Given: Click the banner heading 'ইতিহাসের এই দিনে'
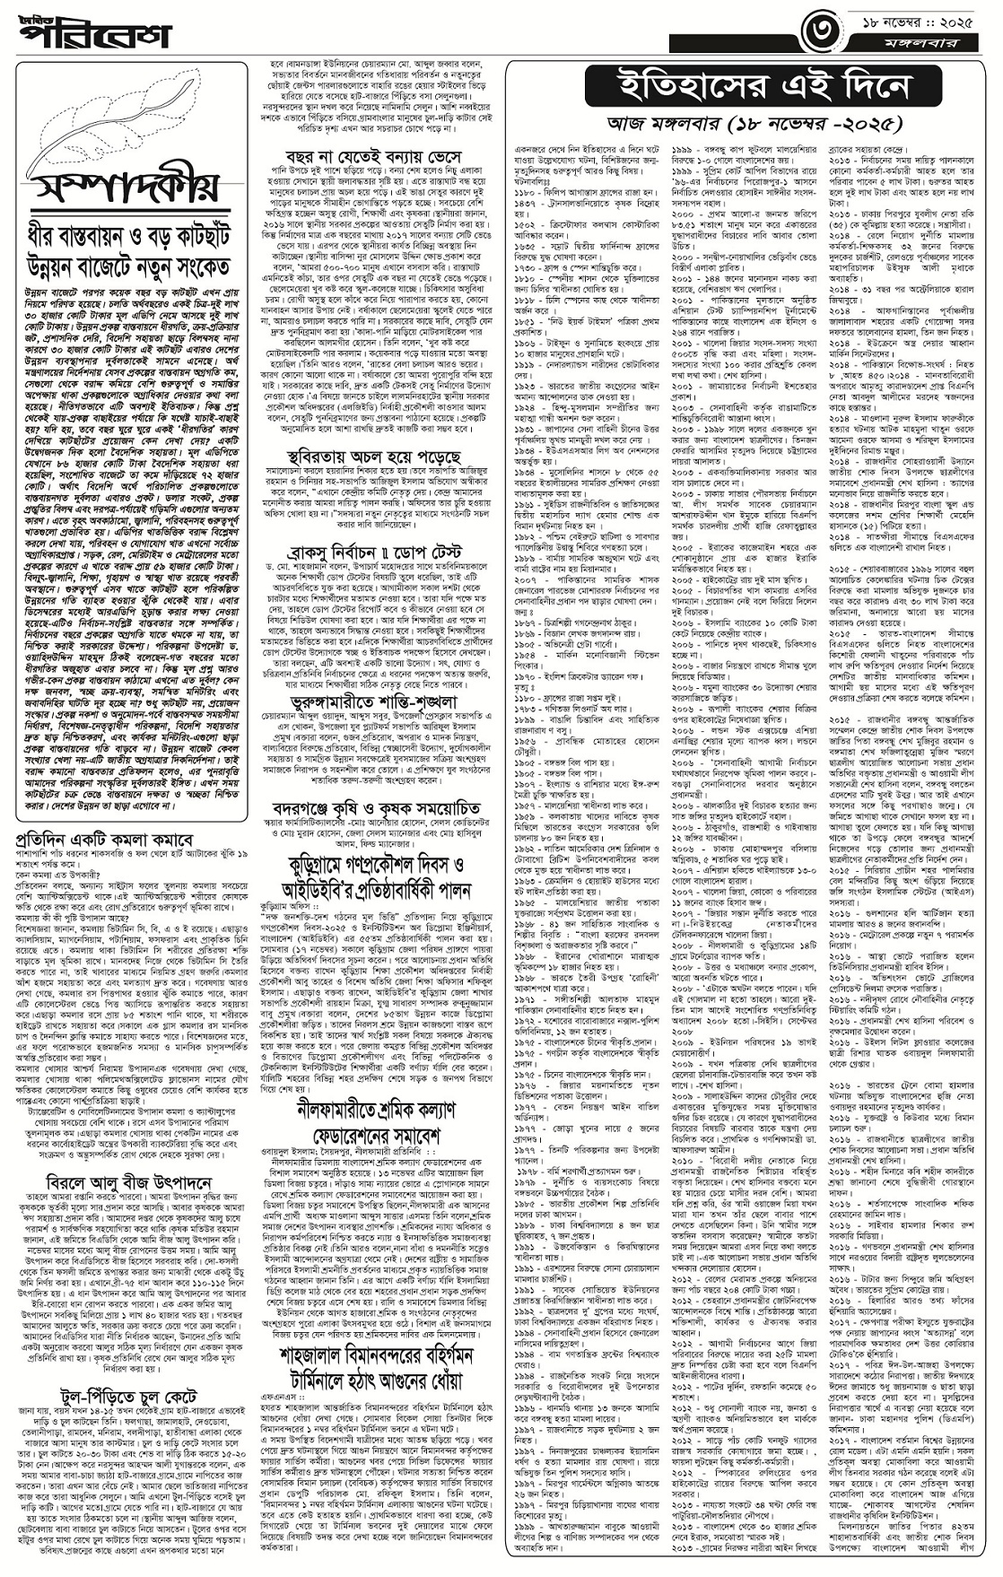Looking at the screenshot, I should coord(748,87).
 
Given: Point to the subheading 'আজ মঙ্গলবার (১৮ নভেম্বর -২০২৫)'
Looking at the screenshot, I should coord(748,120).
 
